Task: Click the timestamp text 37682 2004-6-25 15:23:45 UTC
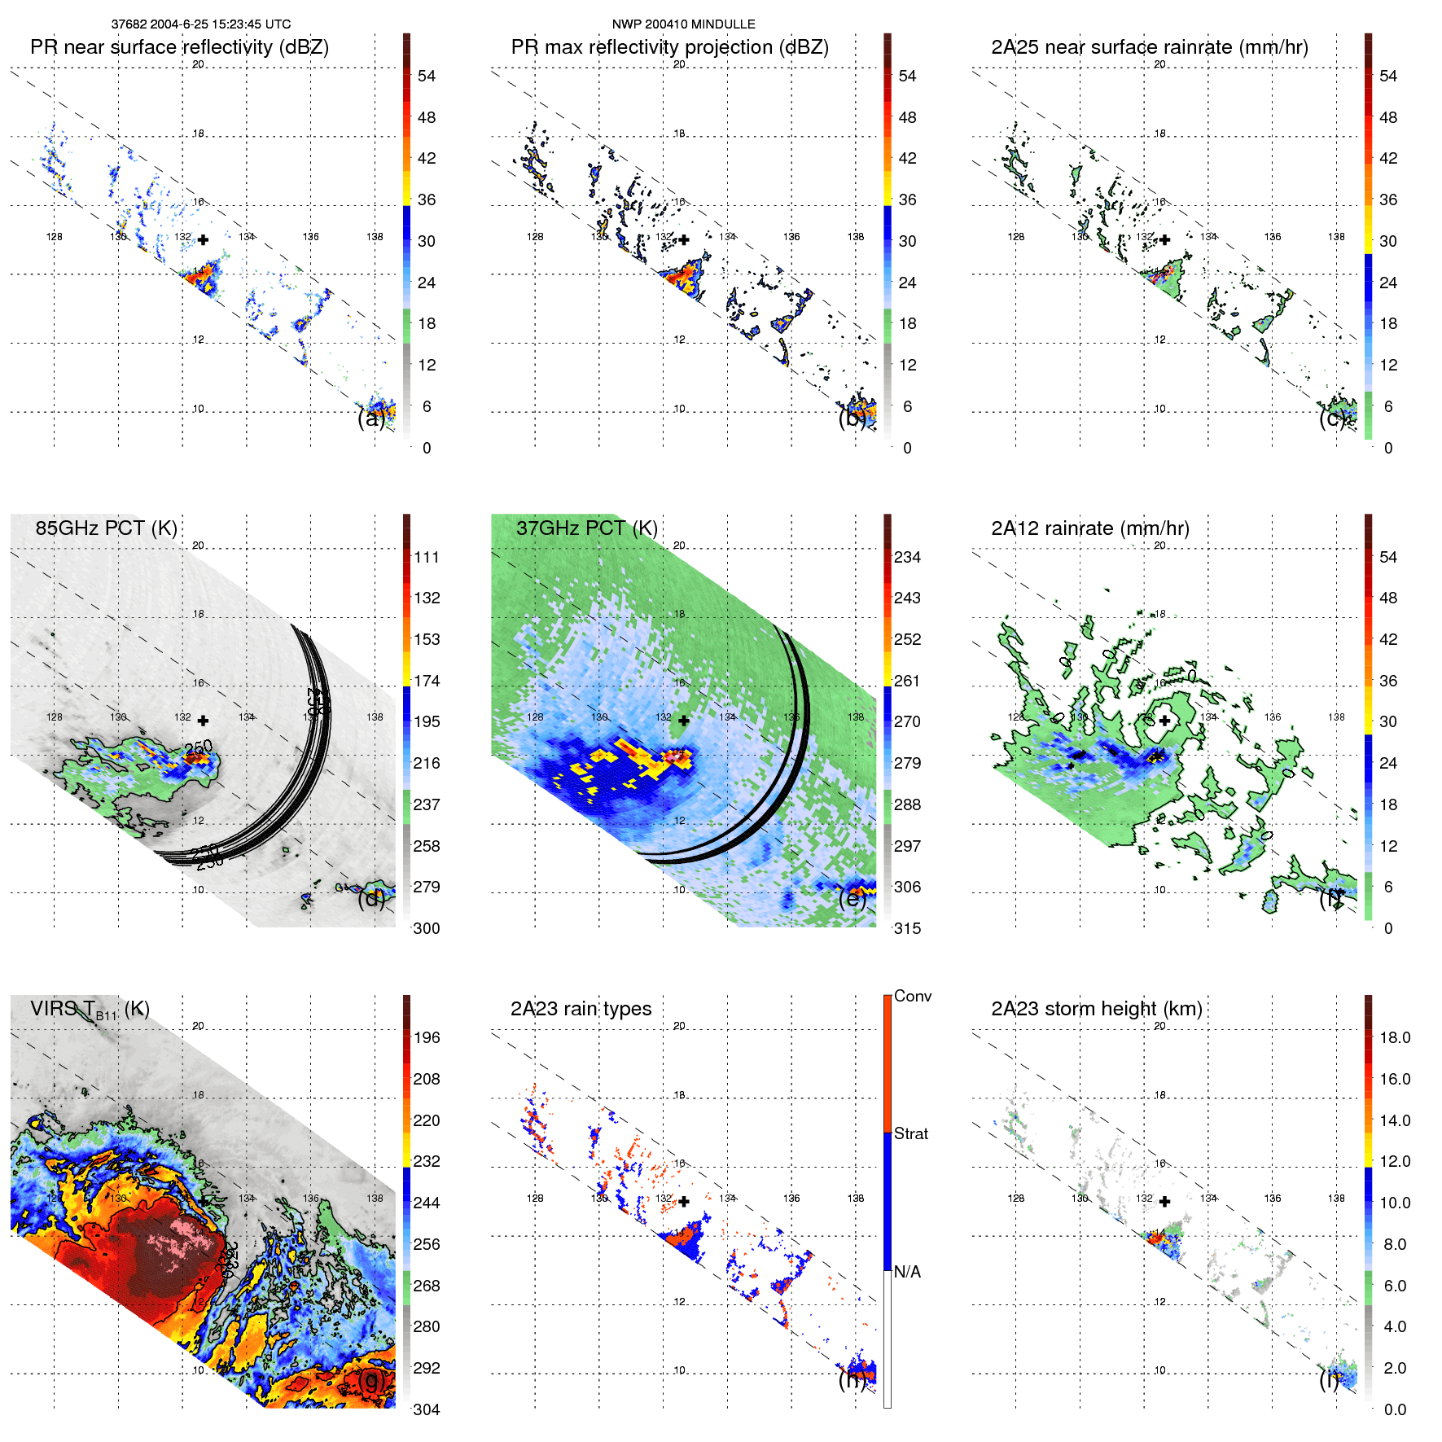(200, 24)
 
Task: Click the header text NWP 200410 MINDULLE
(683, 24)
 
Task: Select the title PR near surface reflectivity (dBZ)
(179, 47)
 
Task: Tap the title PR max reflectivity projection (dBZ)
(669, 47)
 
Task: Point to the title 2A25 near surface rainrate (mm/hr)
(1149, 47)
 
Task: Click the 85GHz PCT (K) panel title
(106, 528)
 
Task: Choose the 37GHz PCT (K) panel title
(586, 528)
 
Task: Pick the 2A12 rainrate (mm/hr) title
(1089, 528)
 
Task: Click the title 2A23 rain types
(581, 1009)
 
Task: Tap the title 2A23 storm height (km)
(1096, 1009)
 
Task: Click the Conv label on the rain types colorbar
(912, 996)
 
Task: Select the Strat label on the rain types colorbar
(910, 1133)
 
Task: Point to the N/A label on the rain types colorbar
(907, 1272)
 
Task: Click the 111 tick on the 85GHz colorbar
(427, 557)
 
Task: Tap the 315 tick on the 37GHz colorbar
(907, 928)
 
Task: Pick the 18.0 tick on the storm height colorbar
(1394, 1037)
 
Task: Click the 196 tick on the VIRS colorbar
(427, 1037)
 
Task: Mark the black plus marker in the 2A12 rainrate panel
(1164, 721)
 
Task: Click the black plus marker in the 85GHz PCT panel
(203, 721)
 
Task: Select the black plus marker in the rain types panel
(684, 1201)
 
